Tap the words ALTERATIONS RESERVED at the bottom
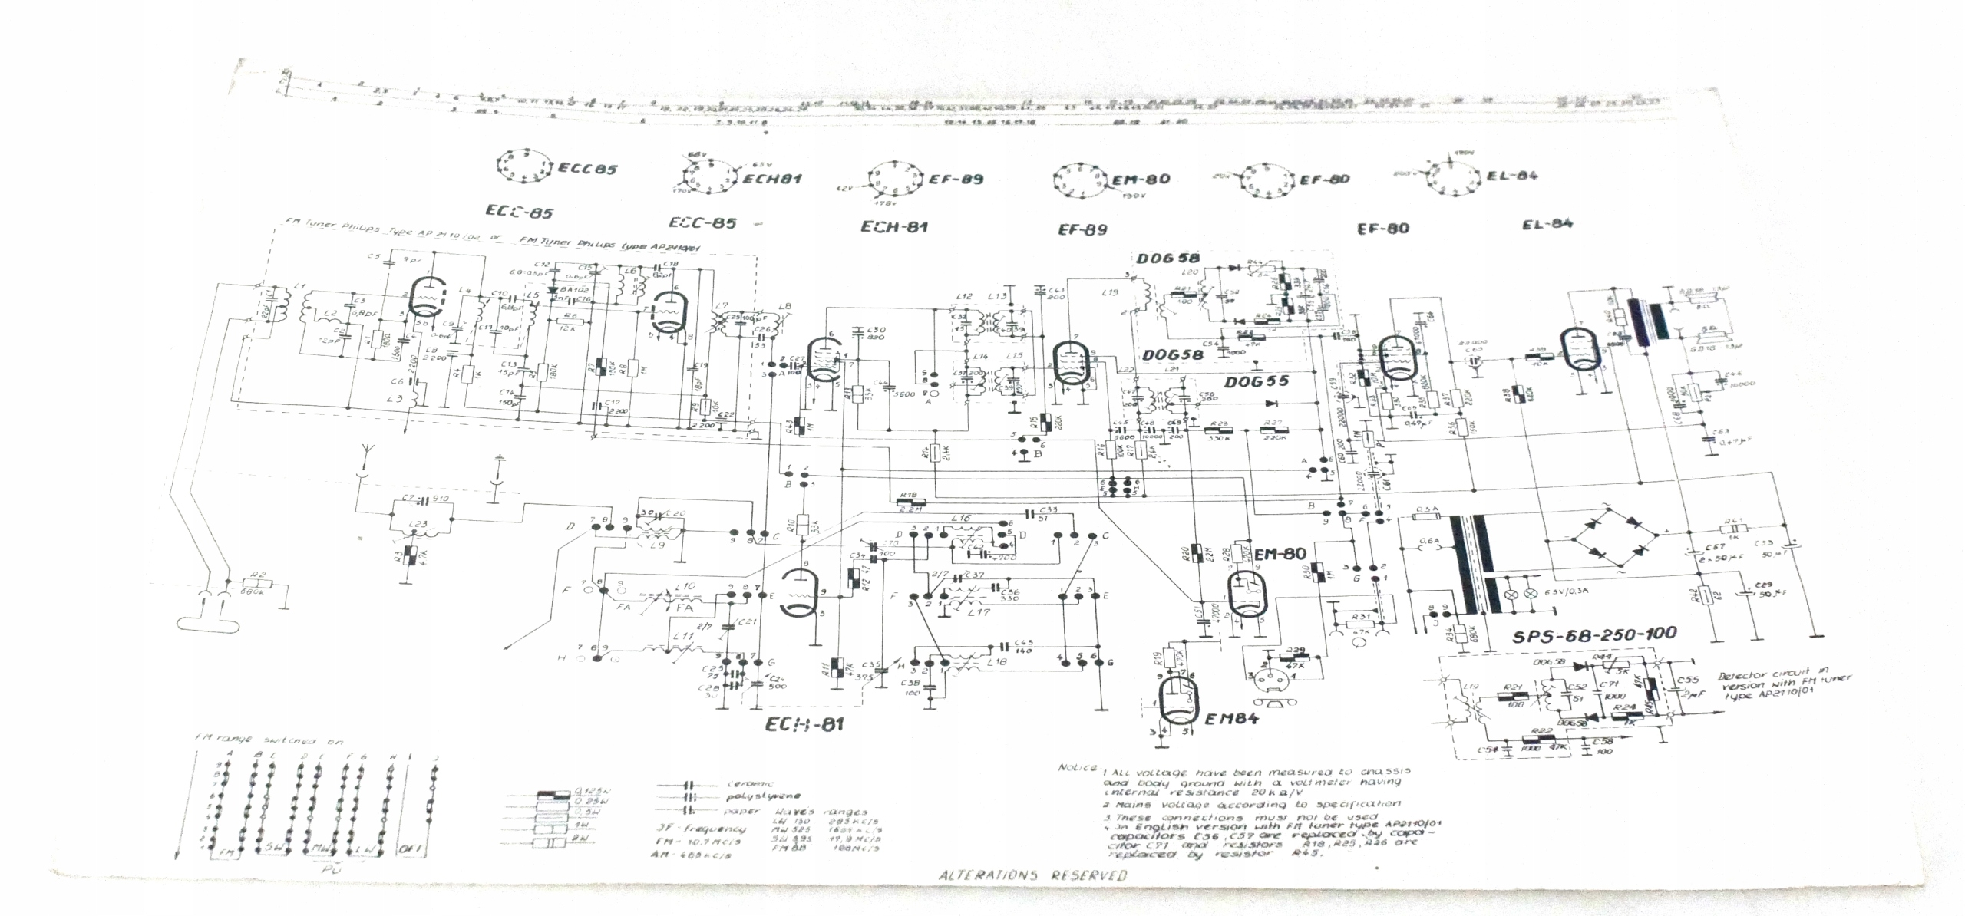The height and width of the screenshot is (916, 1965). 1032,875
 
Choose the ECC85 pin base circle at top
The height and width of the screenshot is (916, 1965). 522,166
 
